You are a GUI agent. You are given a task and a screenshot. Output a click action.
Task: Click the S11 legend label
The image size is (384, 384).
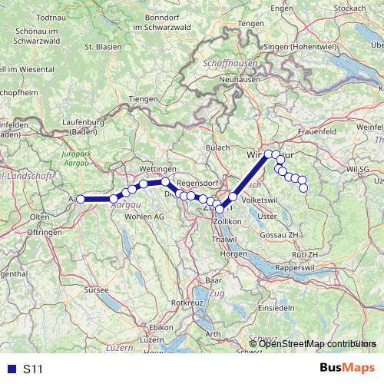tap(33, 369)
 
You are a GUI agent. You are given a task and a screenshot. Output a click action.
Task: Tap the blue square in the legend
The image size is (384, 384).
tap(11, 369)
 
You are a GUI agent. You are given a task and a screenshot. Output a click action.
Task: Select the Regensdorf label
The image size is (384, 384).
tap(197, 184)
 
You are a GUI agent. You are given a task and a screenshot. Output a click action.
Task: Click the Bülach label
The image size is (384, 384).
tap(219, 147)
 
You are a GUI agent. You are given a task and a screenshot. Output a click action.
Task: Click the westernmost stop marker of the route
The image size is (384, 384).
tap(80, 200)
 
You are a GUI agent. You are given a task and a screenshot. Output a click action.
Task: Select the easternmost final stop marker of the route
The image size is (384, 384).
tap(303, 187)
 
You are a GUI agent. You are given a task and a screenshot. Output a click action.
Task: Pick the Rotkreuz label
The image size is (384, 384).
tap(187, 303)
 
